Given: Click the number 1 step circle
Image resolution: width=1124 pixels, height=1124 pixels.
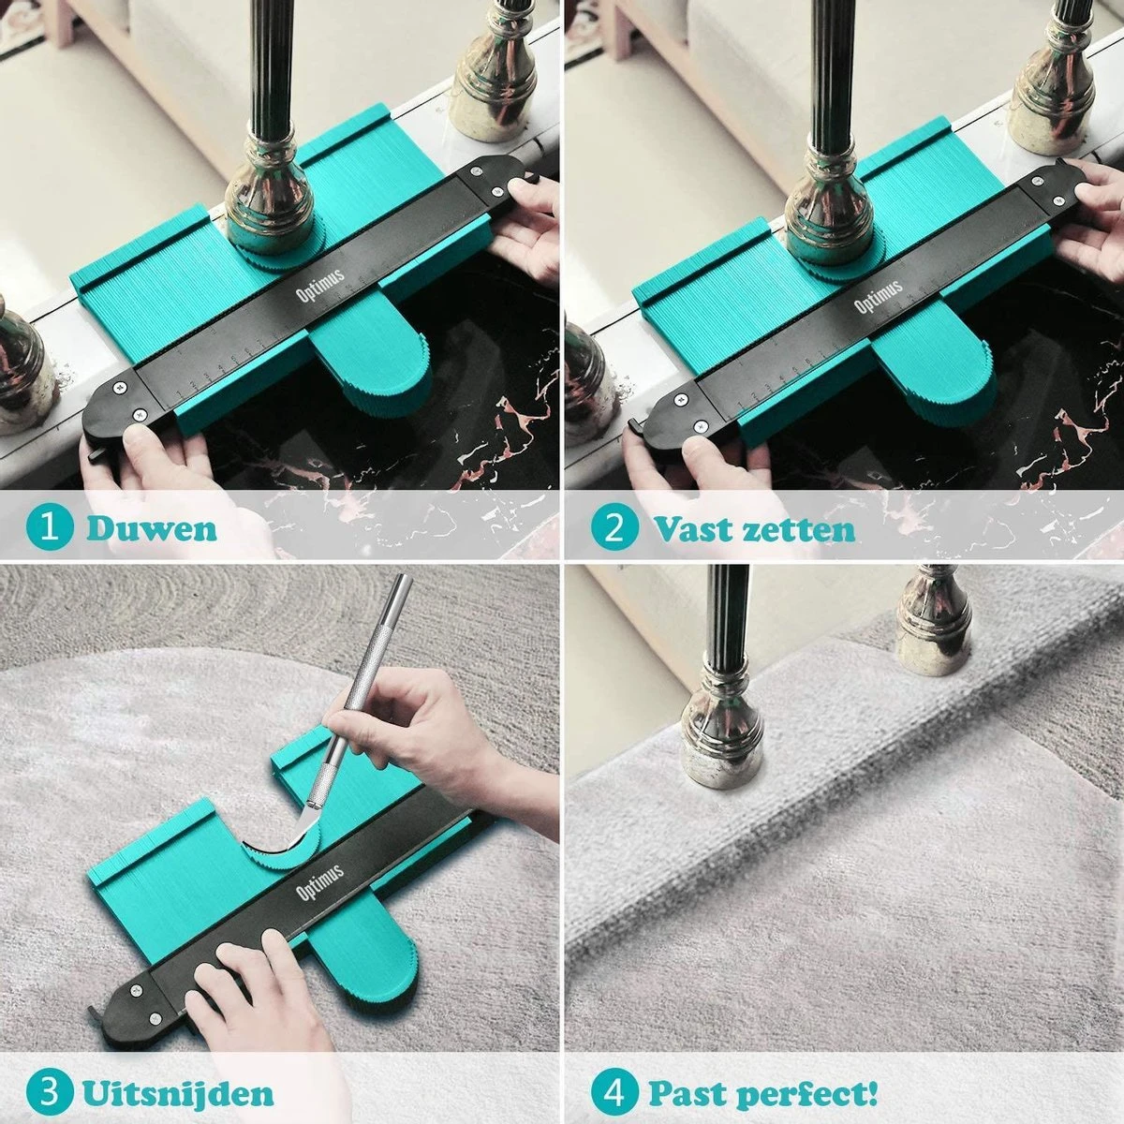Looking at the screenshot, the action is [50, 529].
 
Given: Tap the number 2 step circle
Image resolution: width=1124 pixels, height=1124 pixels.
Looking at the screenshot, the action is [614, 529].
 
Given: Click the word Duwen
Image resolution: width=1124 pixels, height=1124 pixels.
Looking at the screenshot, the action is [152, 529].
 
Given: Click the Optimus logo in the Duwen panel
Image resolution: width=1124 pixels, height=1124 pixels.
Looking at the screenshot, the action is [320, 286].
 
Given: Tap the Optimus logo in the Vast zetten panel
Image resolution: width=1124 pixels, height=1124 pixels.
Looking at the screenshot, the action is [879, 296].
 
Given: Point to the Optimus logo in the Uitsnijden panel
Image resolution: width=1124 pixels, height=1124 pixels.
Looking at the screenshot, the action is [319, 882].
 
